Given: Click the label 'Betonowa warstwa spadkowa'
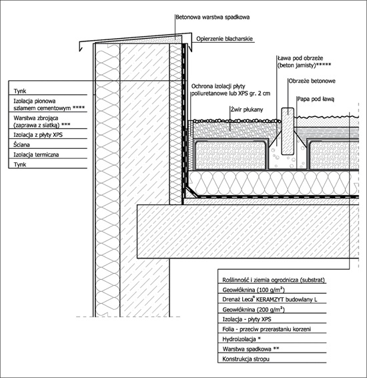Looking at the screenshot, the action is [212, 17].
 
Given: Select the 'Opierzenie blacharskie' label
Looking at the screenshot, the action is [224, 39].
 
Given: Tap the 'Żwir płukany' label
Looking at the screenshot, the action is [247, 110].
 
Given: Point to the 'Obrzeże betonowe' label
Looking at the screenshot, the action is [312, 81].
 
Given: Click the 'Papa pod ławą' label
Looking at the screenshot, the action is [316, 99].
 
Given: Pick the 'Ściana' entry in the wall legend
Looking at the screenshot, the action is [21, 145].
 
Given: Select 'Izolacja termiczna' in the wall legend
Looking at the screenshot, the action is [36, 155].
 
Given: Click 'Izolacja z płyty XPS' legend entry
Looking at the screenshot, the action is [38, 135].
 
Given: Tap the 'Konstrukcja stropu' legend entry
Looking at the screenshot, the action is [246, 359].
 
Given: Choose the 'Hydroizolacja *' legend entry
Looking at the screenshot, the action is [242, 339].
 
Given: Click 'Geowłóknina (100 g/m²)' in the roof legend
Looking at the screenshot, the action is [254, 290].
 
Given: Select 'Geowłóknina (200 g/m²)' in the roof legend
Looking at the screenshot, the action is [254, 309].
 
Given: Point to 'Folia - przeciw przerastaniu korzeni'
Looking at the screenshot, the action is [267, 329].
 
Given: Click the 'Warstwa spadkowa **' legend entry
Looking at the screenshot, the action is [251, 349].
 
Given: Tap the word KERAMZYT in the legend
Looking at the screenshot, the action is [270, 300].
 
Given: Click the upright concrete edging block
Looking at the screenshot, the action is [288, 131].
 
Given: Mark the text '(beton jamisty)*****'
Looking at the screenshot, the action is [304, 65].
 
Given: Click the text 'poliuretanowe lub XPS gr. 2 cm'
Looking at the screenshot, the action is [231, 93].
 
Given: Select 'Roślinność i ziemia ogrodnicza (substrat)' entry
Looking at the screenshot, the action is [274, 280].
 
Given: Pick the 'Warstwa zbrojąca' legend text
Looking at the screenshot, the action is [36, 118].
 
